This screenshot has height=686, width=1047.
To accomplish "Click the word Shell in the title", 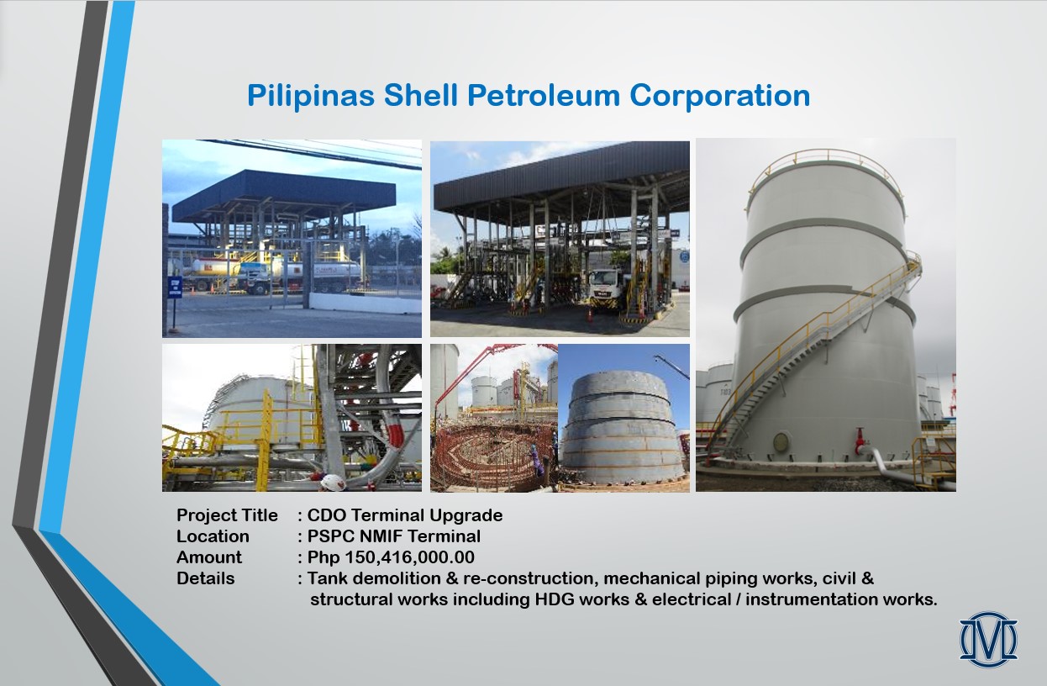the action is [x=421, y=95].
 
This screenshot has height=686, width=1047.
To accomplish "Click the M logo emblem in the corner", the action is [x=988, y=639].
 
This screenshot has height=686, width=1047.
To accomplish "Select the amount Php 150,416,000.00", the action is [x=391, y=557].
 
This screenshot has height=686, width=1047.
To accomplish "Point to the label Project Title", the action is [x=227, y=514].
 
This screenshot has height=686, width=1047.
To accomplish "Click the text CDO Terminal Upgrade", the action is [x=405, y=515].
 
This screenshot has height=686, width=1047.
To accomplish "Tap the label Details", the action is [x=206, y=578].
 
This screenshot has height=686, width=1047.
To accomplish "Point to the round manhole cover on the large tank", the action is [x=781, y=442].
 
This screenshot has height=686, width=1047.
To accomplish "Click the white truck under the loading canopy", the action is [x=606, y=290].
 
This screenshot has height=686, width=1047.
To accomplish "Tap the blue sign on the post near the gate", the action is [x=175, y=288].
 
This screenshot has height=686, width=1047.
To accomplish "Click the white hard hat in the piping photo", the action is [x=333, y=482].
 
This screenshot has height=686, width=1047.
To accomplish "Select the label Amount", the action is [x=209, y=557].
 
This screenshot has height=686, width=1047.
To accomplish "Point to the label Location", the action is [x=213, y=536].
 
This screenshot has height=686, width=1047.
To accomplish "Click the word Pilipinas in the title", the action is [x=311, y=95].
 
